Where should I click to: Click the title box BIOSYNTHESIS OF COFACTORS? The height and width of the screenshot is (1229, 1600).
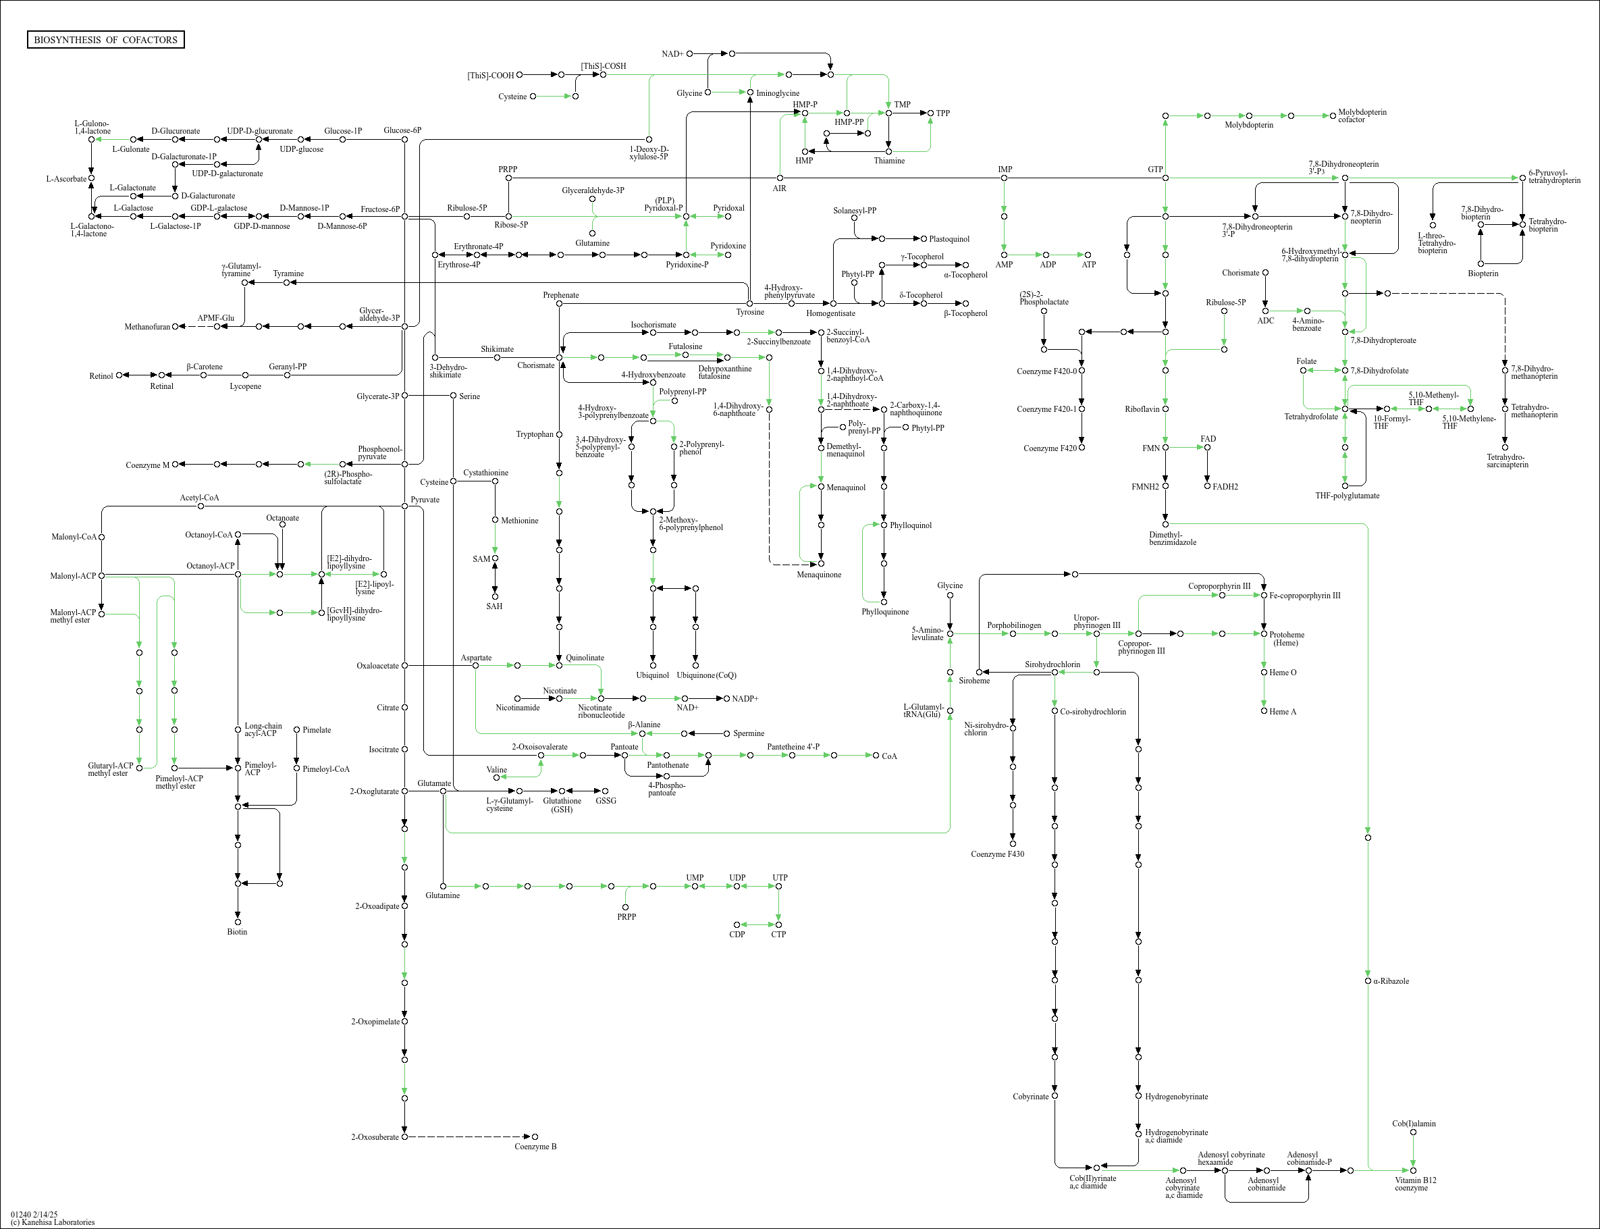[x=105, y=39]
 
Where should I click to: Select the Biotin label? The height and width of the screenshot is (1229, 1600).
[x=237, y=932]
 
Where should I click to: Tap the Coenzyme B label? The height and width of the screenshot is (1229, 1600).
[x=535, y=1147]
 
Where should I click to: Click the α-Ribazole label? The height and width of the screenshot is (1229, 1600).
[x=1391, y=981]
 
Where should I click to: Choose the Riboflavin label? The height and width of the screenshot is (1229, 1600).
[x=1142, y=409]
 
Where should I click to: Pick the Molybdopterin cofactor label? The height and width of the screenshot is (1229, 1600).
[x=1362, y=115]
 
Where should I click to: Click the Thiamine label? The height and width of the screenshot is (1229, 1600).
[x=889, y=161]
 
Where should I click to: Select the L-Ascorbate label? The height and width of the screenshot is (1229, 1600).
[x=67, y=178]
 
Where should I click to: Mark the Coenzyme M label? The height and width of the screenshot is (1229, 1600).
[x=147, y=465]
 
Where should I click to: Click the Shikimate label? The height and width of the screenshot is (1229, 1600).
[x=498, y=349]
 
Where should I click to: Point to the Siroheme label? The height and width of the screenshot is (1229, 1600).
[x=975, y=681]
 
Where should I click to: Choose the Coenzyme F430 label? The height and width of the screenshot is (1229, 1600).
[x=997, y=854]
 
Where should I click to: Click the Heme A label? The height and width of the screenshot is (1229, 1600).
[x=1283, y=712]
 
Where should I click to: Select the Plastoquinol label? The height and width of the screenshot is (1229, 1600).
[x=949, y=239]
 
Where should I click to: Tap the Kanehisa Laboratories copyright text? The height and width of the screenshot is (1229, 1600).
[x=53, y=1222]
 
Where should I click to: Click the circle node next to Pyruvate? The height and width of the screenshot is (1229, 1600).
[x=404, y=506]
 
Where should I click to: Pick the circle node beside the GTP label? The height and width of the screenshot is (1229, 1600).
[x=1166, y=178]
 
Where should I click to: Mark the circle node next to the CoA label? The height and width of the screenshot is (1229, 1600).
[x=876, y=755]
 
